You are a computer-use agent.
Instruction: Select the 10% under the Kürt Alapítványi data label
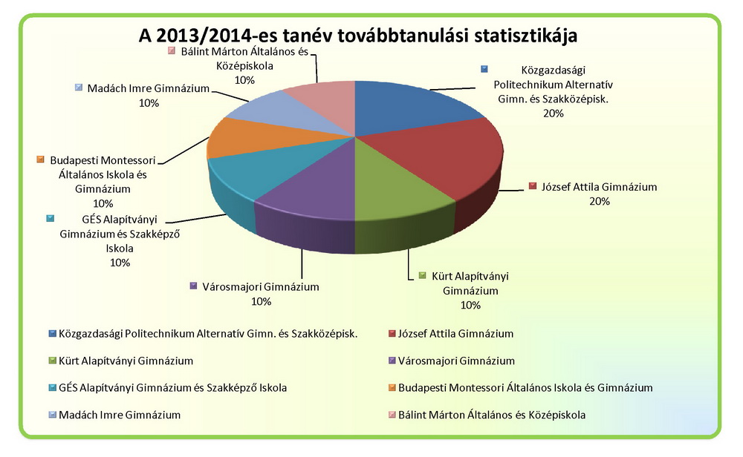click(470, 305)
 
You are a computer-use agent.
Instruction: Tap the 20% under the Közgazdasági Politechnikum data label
click(553, 114)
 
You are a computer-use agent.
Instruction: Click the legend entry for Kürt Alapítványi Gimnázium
click(126, 361)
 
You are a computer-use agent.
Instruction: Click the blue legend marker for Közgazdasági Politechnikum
click(52, 334)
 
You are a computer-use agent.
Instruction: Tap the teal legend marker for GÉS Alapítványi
click(52, 388)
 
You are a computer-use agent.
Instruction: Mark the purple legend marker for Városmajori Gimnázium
click(392, 361)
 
